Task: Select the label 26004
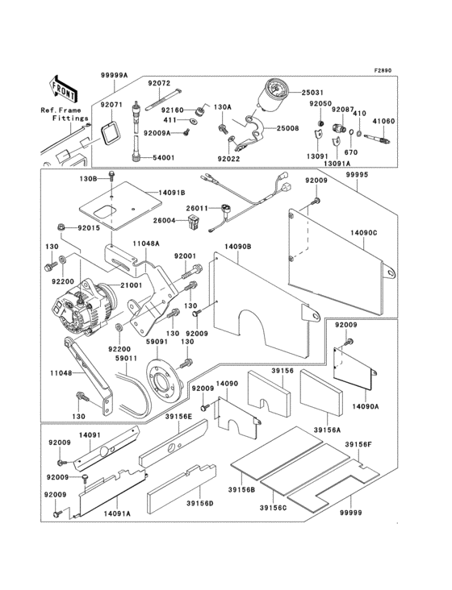165,220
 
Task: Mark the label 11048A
146,242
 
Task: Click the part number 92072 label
158,82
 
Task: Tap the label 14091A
117,512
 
